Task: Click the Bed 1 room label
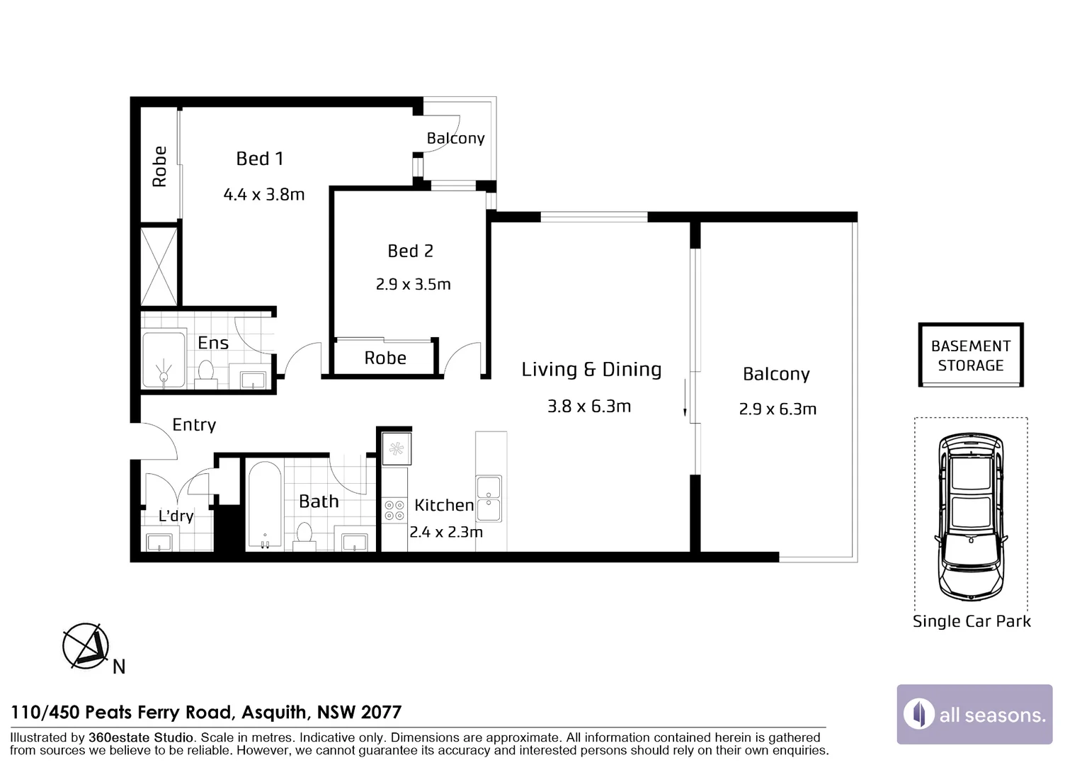click(x=259, y=159)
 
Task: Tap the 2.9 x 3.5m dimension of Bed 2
click(x=413, y=284)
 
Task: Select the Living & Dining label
click(x=591, y=369)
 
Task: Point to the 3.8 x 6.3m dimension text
click(x=589, y=407)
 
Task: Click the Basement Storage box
click(x=971, y=355)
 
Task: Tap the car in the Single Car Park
click(x=971, y=516)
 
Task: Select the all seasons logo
click(x=975, y=714)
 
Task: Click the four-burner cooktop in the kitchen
click(x=394, y=510)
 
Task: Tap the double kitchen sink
click(x=489, y=499)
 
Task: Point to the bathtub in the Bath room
click(x=264, y=506)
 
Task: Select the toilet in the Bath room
click(x=304, y=536)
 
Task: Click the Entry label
click(x=194, y=425)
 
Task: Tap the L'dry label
click(x=176, y=516)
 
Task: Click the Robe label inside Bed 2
click(x=385, y=358)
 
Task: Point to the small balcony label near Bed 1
click(x=455, y=139)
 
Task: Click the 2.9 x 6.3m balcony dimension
click(x=778, y=409)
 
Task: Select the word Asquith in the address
click(x=274, y=713)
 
